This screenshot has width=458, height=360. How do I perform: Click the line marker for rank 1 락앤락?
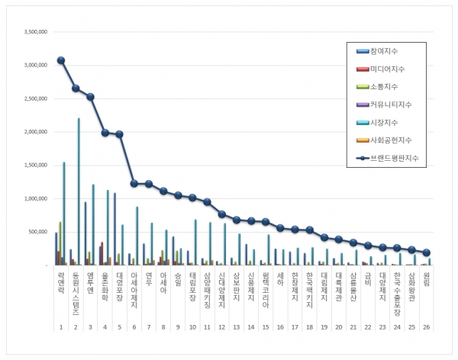[61, 60]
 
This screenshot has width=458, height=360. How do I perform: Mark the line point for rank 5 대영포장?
[118, 134]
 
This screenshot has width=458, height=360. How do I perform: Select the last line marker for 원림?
[426, 252]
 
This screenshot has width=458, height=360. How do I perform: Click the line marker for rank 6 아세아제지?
[134, 183]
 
